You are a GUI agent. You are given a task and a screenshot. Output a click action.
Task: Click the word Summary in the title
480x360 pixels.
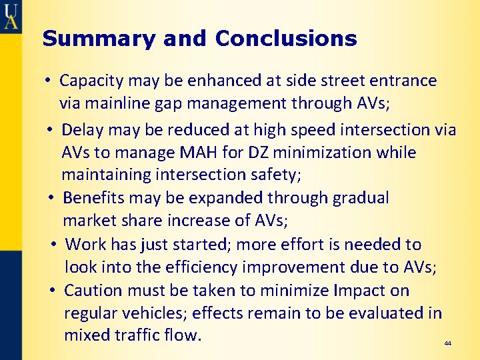(83, 39)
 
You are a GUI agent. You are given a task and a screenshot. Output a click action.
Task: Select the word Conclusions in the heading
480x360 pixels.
(286, 39)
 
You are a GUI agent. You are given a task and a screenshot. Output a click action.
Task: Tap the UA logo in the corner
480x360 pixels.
(11, 15)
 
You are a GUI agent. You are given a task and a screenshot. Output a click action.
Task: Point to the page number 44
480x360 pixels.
(447, 343)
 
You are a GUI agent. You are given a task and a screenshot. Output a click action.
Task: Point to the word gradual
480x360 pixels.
(355, 198)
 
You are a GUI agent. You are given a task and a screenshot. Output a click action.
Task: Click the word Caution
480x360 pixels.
(93, 291)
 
